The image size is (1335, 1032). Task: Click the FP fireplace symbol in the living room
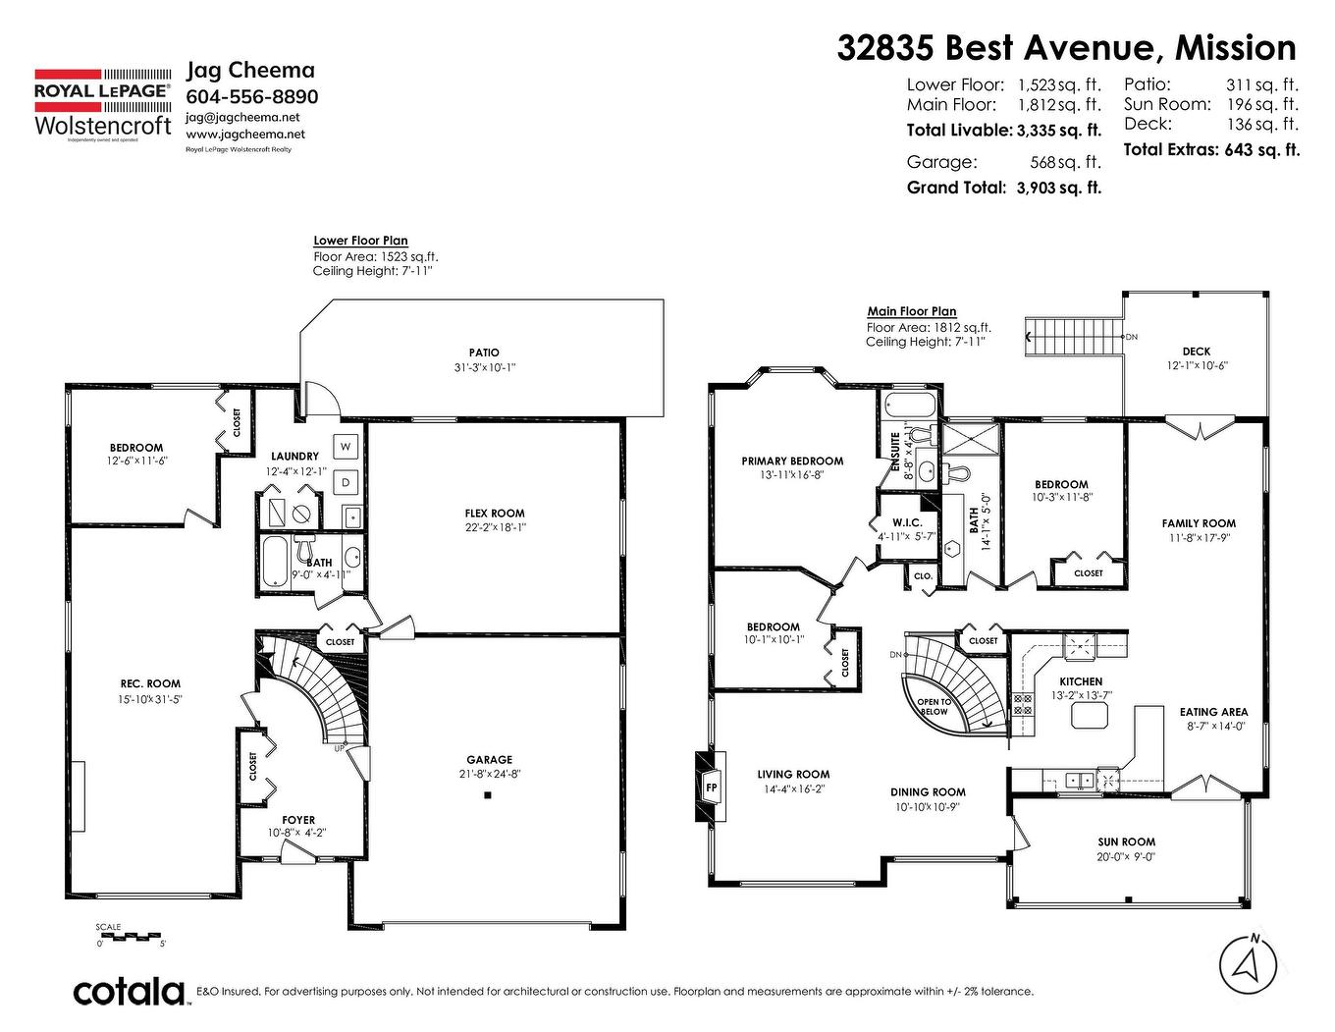click(710, 787)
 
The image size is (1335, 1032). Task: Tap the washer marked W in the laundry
click(346, 447)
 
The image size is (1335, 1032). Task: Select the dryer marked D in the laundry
click(346, 482)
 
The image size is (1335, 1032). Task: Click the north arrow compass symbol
click(1248, 963)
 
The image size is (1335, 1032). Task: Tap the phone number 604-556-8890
click(251, 96)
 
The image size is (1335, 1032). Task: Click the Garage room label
click(489, 759)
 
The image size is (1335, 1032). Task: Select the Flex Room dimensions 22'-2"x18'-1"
click(495, 527)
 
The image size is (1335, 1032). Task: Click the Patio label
click(483, 353)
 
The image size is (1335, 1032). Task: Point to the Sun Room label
click(1126, 842)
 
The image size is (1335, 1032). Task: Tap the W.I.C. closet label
click(905, 522)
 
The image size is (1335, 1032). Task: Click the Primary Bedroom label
click(792, 461)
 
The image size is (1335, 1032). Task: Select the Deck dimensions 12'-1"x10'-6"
click(1196, 365)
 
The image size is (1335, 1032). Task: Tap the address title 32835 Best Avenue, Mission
click(1066, 47)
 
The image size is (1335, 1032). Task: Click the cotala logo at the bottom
click(130, 991)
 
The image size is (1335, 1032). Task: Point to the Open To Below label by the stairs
click(934, 706)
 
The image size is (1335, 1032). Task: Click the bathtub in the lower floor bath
click(276, 564)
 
